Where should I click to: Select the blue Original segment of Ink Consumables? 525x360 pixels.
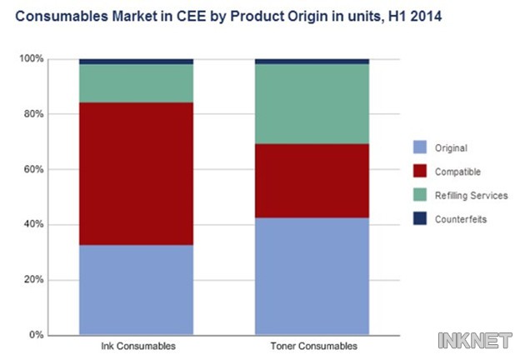[136, 290]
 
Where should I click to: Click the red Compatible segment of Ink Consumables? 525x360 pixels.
[136, 173]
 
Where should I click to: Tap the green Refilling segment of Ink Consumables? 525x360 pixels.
[136, 83]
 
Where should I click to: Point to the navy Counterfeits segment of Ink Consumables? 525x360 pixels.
[136, 62]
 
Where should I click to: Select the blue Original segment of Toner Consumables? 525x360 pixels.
[312, 277]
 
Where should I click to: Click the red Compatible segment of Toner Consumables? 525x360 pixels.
[312, 181]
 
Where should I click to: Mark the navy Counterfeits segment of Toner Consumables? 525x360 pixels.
[312, 62]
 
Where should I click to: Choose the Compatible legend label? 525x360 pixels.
[459, 172]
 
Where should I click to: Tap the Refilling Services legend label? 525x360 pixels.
[472, 195]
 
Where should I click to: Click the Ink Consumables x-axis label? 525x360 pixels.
[136, 345]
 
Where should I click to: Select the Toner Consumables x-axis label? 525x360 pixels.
[312, 345]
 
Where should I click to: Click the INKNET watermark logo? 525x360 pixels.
[477, 340]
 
